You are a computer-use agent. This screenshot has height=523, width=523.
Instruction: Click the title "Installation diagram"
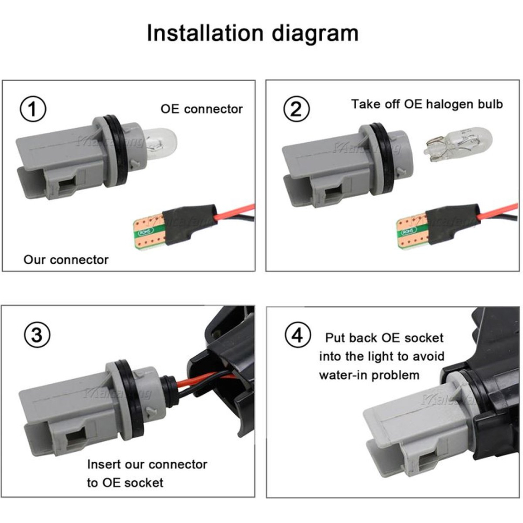pyautogui.click(x=253, y=32)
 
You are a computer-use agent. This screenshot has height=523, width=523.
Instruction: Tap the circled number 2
pyautogui.click(x=296, y=110)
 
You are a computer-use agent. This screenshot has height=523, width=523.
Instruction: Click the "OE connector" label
pyautogui.click(x=201, y=109)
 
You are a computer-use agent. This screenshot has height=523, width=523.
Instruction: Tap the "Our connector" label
pyautogui.click(x=66, y=259)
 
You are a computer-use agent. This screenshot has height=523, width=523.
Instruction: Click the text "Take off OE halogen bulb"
pyautogui.click(x=427, y=104)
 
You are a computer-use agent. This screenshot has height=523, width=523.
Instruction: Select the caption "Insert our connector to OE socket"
pyautogui.click(x=146, y=473)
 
